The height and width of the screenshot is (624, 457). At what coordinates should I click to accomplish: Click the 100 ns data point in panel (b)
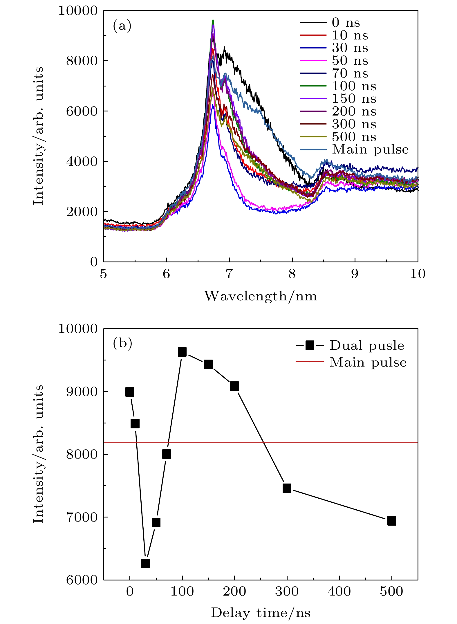coord(182,352)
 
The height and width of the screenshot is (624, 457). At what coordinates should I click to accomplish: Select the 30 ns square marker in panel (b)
coord(145,563)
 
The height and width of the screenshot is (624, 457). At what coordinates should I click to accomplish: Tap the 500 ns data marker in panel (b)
coord(391,521)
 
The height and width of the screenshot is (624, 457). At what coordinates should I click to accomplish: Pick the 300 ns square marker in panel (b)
coord(287,488)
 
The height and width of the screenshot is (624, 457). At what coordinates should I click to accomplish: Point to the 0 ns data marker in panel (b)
coord(130,392)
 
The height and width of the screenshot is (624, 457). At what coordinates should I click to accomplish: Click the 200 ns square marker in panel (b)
coord(234,386)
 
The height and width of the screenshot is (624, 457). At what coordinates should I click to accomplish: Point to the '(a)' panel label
coord(122,26)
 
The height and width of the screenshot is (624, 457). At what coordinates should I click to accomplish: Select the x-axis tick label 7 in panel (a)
coord(229,274)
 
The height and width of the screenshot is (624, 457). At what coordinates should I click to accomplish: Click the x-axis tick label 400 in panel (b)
coord(339,591)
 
